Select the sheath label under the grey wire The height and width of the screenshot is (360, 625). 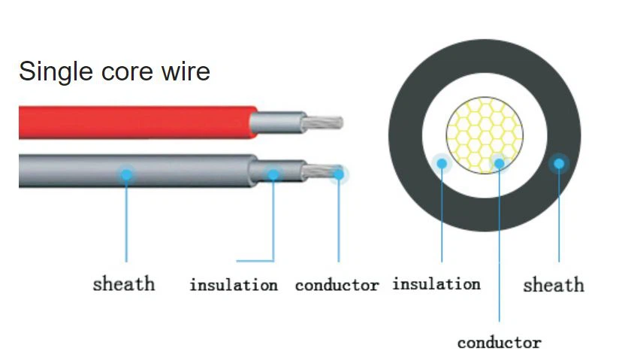tap(124, 284)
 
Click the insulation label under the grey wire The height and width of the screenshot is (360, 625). tap(233, 286)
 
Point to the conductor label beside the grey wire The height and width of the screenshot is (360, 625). tap(337, 286)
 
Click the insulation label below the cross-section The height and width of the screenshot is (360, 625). tap(436, 284)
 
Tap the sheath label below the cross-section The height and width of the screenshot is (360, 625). tap(553, 285)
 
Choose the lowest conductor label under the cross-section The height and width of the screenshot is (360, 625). tap(499, 343)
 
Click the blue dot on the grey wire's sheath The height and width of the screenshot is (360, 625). tap(126, 174)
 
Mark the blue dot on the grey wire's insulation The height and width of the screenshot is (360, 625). tap(273, 174)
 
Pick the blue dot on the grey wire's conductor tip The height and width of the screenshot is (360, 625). tap(339, 174)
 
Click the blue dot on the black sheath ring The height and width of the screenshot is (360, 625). tap(558, 163)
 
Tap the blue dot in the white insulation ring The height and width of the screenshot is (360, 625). tap(442, 162)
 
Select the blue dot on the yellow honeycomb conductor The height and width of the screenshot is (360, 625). tap(500, 162)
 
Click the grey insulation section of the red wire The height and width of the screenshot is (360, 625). tap(278, 122)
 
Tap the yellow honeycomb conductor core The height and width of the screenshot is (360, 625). tap(481, 132)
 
